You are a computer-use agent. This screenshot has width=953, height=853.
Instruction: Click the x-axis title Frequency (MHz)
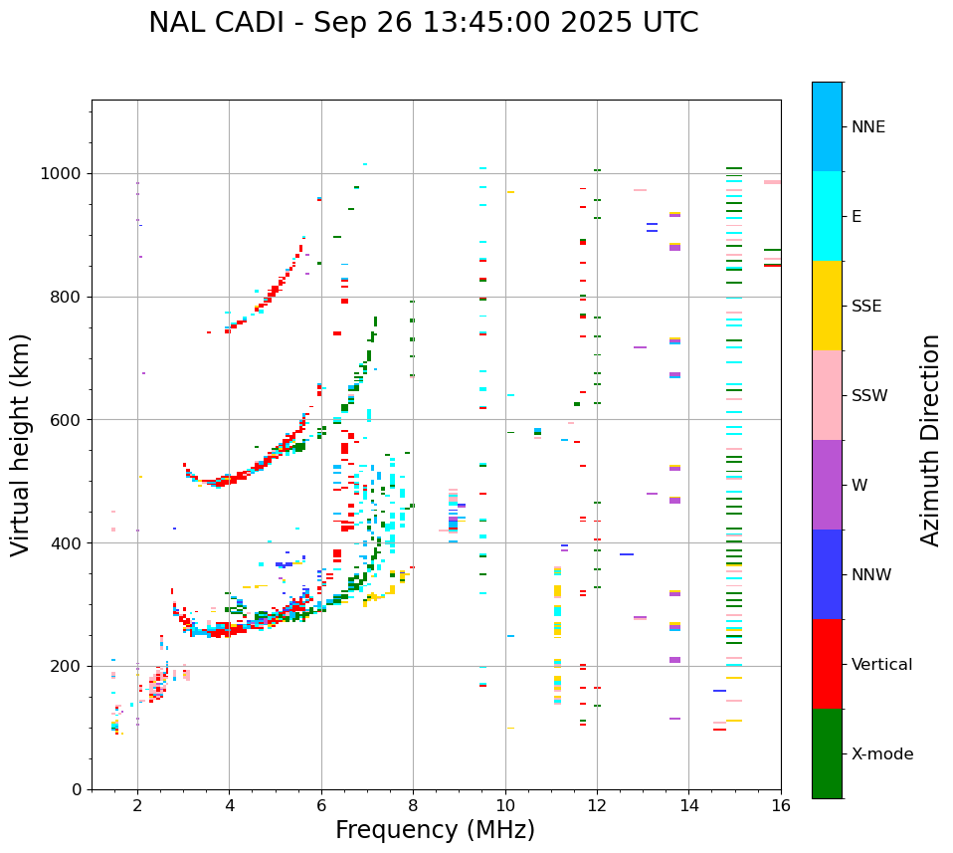point(435,830)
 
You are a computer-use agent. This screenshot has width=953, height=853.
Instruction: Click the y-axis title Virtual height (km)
point(21,445)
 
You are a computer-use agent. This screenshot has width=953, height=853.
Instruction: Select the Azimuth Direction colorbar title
point(930,440)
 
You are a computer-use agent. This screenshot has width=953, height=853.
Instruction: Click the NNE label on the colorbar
point(867,127)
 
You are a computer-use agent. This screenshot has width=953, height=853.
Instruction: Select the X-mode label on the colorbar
point(881,754)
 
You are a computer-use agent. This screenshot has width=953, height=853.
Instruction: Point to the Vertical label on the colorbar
point(881,665)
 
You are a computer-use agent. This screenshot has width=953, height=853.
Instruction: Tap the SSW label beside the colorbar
point(869,396)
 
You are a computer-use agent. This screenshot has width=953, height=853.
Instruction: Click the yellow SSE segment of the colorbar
point(827,306)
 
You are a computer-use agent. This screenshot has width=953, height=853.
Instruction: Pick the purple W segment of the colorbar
point(827,485)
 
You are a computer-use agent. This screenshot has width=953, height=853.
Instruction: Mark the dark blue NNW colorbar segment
point(827,574)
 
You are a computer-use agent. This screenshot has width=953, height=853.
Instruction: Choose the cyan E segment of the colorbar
point(827,216)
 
